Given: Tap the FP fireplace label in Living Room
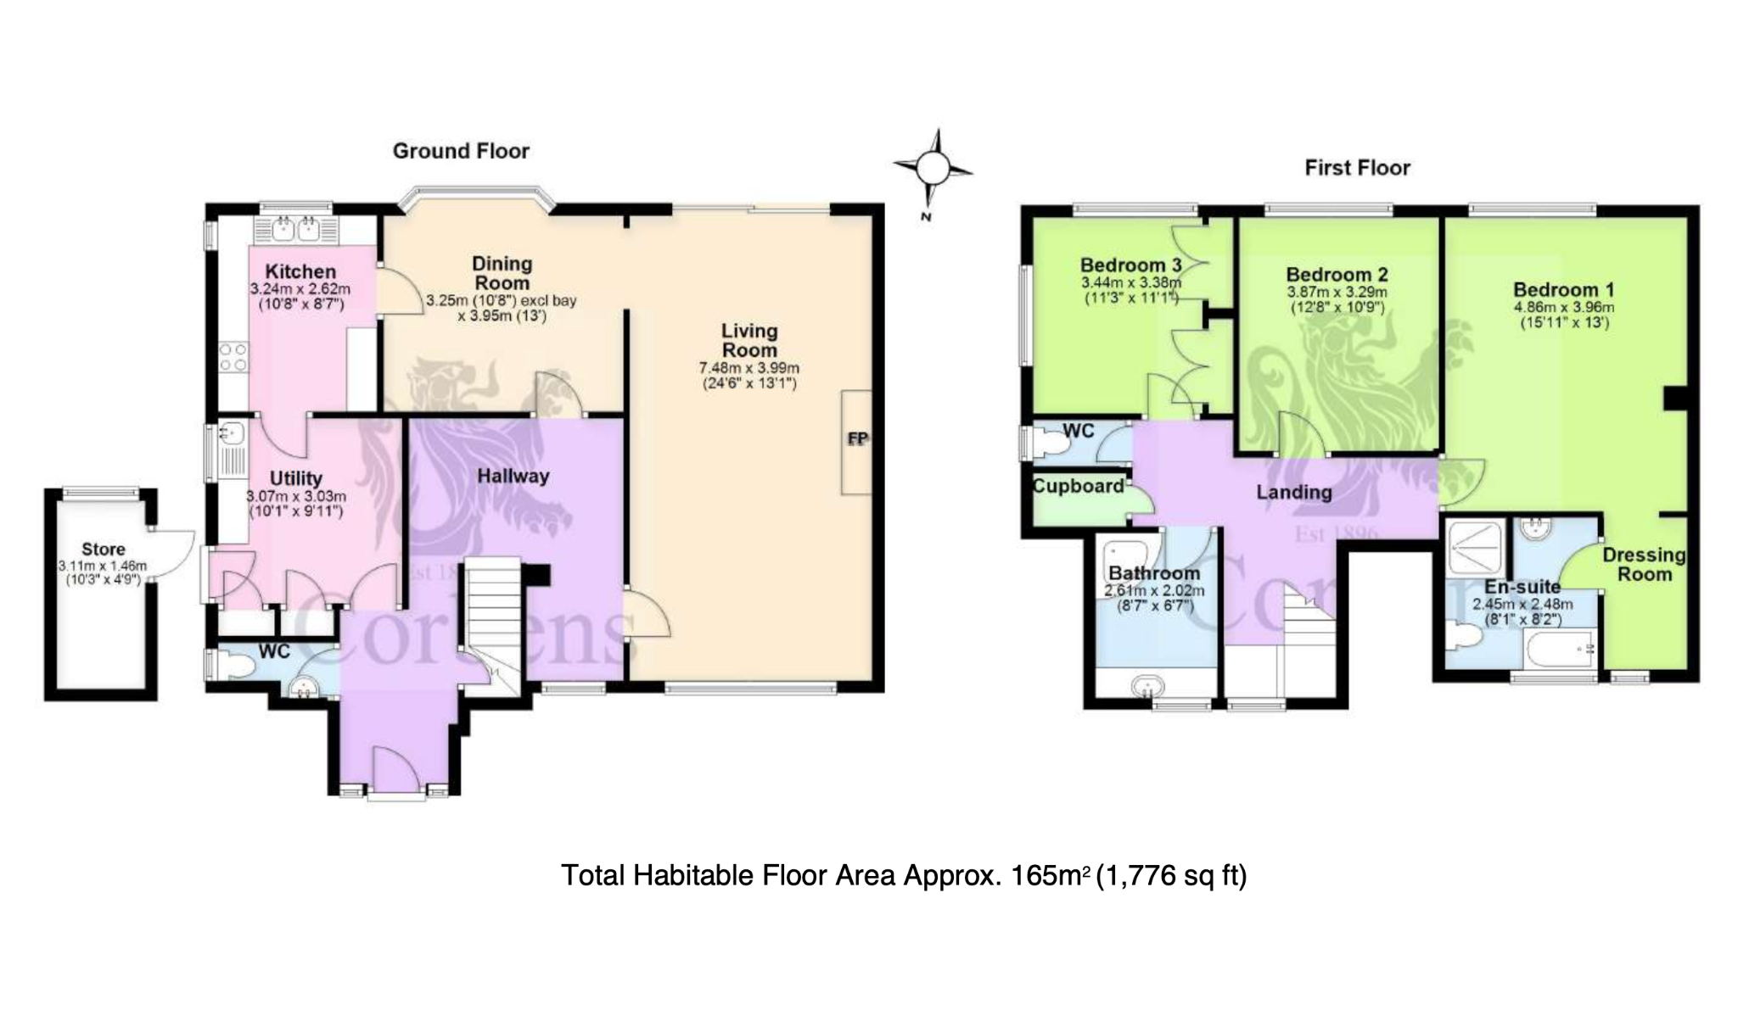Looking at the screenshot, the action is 858,438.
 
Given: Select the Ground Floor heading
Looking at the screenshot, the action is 461,151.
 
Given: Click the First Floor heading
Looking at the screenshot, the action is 1357,168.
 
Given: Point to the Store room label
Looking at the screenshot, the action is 103,550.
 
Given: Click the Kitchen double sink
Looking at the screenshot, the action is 295,228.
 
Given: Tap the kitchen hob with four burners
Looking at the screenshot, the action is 233,357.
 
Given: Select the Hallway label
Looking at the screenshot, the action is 513,476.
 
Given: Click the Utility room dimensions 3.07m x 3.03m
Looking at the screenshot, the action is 295,496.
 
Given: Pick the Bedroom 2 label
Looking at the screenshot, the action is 1337,275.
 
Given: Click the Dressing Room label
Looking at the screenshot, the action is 1644,565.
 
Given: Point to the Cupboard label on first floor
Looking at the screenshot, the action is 1078,486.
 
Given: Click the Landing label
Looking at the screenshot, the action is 1294,492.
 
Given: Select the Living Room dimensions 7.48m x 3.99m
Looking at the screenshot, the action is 748,368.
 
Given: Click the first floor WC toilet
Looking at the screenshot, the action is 1050,442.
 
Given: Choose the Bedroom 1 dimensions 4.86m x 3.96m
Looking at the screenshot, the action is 1564,308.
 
